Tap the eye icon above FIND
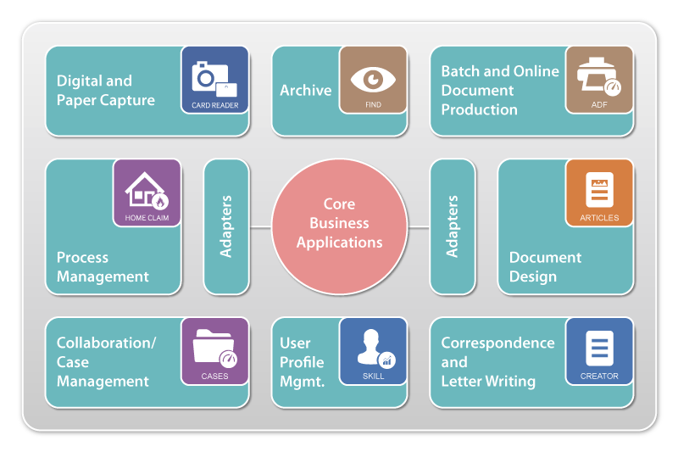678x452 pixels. click(x=373, y=80)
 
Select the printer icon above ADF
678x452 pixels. click(x=598, y=77)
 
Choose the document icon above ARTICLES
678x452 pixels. click(x=599, y=190)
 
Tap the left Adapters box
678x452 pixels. click(x=226, y=226)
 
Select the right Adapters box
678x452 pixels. click(x=453, y=226)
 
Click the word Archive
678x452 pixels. click(x=305, y=90)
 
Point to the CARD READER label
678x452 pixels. click(x=214, y=106)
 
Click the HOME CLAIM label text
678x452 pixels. click(x=147, y=218)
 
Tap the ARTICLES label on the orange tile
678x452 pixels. click(x=599, y=218)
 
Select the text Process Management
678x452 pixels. click(x=103, y=267)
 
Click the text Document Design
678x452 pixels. click(x=545, y=267)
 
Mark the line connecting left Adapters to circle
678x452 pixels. click(x=260, y=226)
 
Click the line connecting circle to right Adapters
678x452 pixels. click(x=419, y=226)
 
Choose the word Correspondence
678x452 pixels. click(x=497, y=343)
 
